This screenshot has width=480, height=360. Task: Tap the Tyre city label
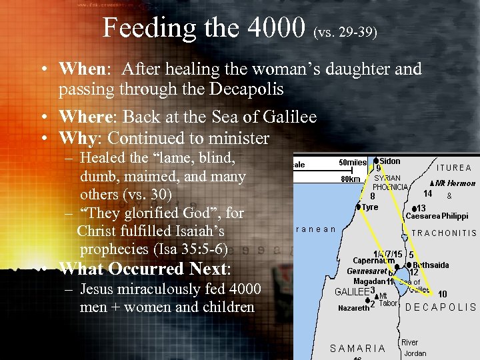point(369,207)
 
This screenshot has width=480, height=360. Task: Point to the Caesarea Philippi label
point(437,216)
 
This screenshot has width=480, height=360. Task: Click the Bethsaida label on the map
point(431,265)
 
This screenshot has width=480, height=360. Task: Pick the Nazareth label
point(353,308)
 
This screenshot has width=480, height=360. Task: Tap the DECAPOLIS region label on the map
point(441,308)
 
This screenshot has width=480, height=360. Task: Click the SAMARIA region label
point(357,348)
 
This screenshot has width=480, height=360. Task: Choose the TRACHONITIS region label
point(444,233)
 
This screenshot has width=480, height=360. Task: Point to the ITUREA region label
point(453,168)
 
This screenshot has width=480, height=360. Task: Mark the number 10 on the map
point(442,294)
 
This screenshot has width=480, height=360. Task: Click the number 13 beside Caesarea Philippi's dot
point(421,208)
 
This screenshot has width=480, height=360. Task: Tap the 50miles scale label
point(353,163)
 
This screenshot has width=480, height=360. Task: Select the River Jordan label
point(413,348)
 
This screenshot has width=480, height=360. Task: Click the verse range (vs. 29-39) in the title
point(345,31)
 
